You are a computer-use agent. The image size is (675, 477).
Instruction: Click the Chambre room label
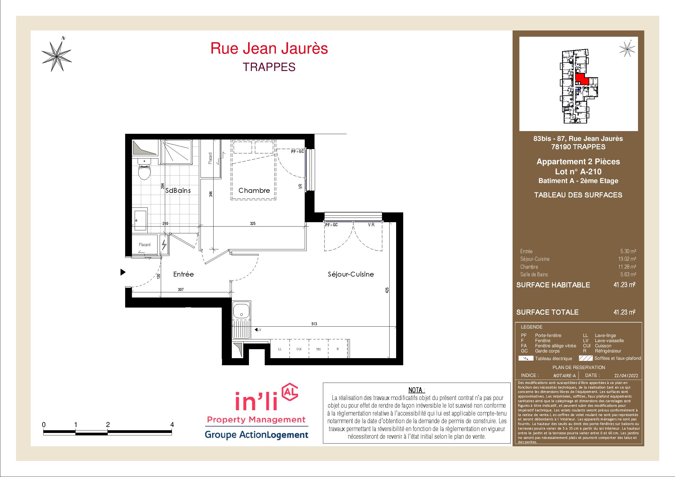click(x=254, y=190)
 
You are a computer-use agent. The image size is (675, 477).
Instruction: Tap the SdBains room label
click(x=178, y=190)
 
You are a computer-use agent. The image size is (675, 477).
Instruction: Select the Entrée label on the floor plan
click(x=183, y=274)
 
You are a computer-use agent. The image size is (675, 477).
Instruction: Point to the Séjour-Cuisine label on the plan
click(x=351, y=274)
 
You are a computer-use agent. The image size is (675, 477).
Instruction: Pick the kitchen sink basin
click(x=241, y=310)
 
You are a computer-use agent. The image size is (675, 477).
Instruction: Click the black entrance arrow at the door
click(x=123, y=272)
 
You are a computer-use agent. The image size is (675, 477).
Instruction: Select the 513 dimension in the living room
click(x=314, y=324)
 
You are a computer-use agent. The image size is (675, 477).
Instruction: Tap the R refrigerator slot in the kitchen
click(x=338, y=349)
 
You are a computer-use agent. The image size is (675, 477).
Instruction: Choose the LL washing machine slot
click(x=280, y=349)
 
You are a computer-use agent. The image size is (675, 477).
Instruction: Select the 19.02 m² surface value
click(x=628, y=259)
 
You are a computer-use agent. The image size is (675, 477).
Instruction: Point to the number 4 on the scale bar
click(x=172, y=425)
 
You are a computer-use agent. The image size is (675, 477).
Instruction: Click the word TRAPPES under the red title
click(x=269, y=67)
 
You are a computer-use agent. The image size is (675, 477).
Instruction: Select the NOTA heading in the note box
click(x=417, y=390)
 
